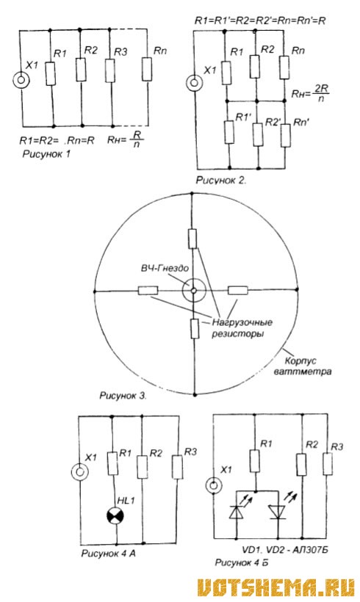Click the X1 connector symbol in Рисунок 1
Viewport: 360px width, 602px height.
pos(21,81)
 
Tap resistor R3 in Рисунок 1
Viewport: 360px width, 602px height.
pos(110,70)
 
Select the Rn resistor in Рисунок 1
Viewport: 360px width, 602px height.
pos(147,69)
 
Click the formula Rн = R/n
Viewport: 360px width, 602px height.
pos(125,139)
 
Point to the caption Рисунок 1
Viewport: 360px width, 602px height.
pos(46,154)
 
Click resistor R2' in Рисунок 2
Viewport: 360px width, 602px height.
pos(258,134)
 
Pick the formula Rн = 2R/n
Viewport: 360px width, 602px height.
pos(310,93)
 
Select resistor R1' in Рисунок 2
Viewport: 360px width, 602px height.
pos(229,132)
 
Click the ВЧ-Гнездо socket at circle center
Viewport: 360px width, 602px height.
pos(194,291)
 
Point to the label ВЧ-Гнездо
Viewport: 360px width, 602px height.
pos(165,268)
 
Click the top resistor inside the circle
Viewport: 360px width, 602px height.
pos(192,239)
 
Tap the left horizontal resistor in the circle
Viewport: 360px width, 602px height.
pos(148,290)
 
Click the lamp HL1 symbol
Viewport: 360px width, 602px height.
pos(115,515)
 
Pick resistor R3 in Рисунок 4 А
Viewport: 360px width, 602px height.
pos(177,467)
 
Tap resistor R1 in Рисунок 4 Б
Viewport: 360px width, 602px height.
pos(254,461)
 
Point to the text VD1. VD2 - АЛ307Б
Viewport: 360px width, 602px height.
pos(285,550)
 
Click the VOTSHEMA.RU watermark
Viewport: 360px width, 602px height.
pos(276,588)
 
